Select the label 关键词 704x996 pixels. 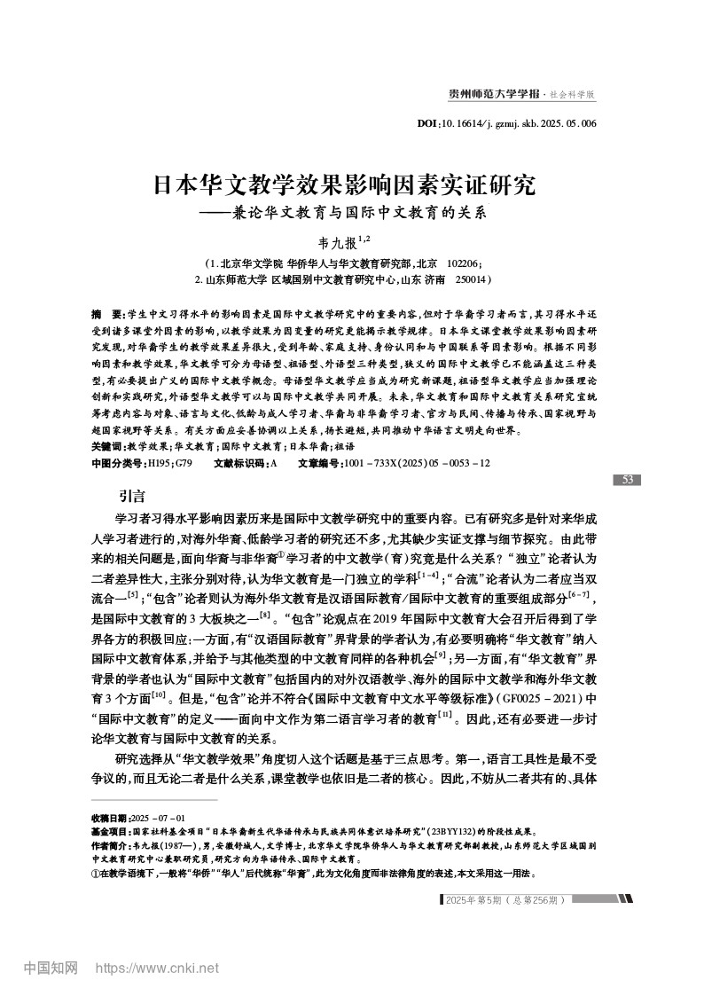tap(107, 446)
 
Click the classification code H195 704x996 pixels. tap(160, 463)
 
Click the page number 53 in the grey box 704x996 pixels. tap(626, 480)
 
